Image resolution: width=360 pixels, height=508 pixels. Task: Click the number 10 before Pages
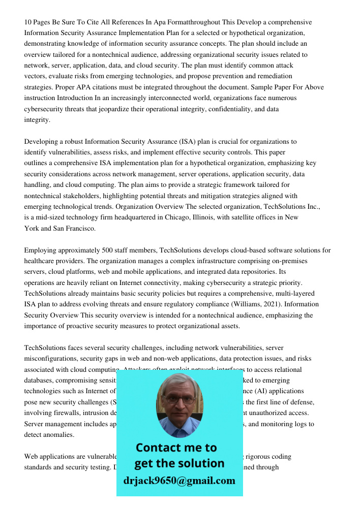(28, 22)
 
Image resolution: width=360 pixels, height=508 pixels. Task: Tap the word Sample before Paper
(263, 87)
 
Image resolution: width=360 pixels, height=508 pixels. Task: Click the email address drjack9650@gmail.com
(179, 481)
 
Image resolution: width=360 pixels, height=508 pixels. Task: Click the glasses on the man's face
(179, 399)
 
